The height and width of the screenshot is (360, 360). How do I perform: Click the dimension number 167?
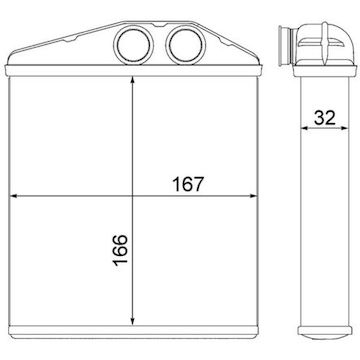pos(188,184)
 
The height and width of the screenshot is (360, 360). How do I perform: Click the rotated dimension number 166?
pos(120,250)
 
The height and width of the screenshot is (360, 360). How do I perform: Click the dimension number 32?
pos(325,117)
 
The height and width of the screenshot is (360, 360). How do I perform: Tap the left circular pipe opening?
pos(133,45)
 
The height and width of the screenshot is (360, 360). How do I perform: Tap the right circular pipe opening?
pos(186,45)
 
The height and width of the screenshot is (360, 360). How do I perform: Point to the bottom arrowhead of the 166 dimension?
pos(133,321)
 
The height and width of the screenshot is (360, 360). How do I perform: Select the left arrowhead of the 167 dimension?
pos(14,196)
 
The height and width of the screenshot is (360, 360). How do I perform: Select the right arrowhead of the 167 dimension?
pos(253,196)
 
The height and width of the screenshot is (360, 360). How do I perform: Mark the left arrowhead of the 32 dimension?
pos(304,128)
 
